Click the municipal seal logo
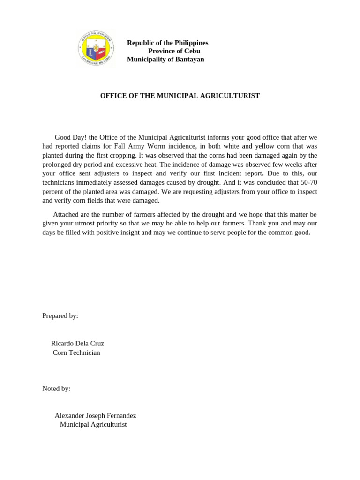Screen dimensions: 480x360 [96, 48]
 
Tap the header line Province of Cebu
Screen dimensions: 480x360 [174, 51]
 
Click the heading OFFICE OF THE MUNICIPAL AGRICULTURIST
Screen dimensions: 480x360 [180, 96]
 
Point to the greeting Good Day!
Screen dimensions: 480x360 [69, 137]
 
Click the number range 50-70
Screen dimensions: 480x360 [307, 182]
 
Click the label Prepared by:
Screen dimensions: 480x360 [60, 316]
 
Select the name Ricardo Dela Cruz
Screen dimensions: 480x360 [77, 344]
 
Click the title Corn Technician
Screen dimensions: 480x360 [76, 352]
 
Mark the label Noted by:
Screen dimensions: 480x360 [56, 389]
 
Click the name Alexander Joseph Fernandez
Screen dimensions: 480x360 [95, 416]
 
